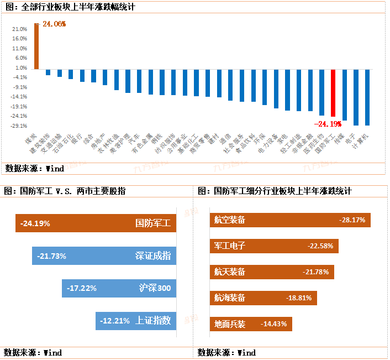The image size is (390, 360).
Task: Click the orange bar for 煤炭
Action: (36, 46)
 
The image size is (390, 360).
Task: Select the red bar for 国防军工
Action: (333, 93)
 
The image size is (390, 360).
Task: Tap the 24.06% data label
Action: (54, 24)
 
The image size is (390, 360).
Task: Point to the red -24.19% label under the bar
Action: (327, 124)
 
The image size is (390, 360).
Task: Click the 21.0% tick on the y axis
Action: (19, 29)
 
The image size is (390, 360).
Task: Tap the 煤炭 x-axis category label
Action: (29, 138)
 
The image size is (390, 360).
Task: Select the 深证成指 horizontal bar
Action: (104, 256)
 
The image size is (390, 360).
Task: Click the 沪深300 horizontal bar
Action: (119, 288)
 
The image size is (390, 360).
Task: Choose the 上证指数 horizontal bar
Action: (135, 320)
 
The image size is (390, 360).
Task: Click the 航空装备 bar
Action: (290, 220)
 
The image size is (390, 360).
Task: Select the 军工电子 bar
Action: (274, 246)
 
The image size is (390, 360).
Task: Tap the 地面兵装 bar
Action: (251, 324)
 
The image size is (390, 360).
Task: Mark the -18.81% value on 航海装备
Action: (299, 298)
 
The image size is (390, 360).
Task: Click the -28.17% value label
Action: (352, 220)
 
